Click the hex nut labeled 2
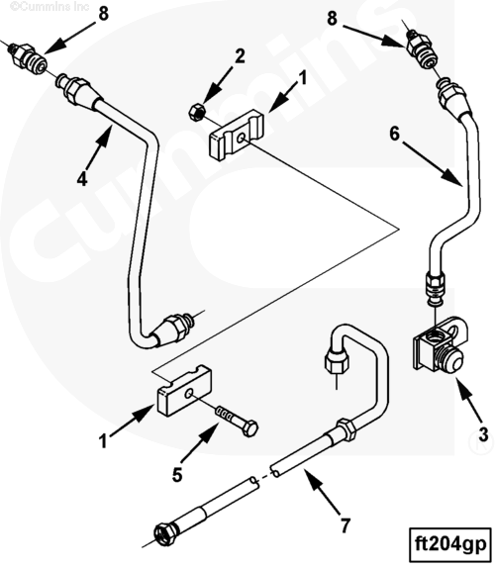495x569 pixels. click(197, 111)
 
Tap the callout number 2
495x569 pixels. click(240, 56)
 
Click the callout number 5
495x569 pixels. click(177, 475)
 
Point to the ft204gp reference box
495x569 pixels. click(450, 545)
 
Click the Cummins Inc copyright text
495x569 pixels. click(49, 6)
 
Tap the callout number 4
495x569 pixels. click(82, 179)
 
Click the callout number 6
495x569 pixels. click(395, 134)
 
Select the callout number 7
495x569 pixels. click(345, 525)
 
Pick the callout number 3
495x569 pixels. click(483, 433)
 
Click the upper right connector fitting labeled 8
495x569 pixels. click(422, 49)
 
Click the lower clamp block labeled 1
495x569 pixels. click(184, 390)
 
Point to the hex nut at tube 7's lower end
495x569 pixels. click(165, 533)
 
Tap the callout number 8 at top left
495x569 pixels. click(104, 15)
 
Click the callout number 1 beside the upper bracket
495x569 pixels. click(302, 78)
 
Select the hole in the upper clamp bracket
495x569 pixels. click(241, 138)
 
